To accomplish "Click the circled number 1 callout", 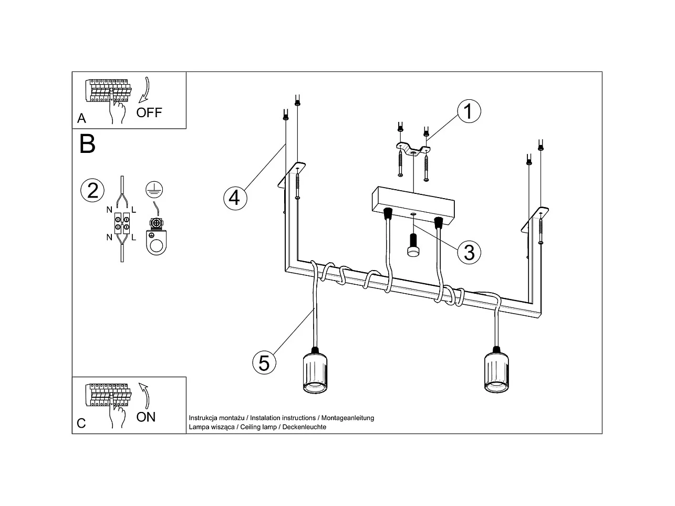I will coord(469,111).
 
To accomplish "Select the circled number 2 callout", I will coord(92,190).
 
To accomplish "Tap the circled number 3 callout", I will coord(469,252).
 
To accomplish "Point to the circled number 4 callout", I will coord(234,198).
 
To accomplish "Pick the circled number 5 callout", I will coord(264,363).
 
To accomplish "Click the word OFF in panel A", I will coord(149,112).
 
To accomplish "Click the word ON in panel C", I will coord(146,417).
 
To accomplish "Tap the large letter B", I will coord(87,143).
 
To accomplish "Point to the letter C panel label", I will coord(81,424).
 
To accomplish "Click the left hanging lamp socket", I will coord(315,371).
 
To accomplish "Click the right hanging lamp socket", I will coord(496,371).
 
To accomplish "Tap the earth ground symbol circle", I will coord(154,189).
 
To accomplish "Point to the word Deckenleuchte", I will coord(304,427).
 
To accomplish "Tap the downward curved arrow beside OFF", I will coord(145,89).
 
